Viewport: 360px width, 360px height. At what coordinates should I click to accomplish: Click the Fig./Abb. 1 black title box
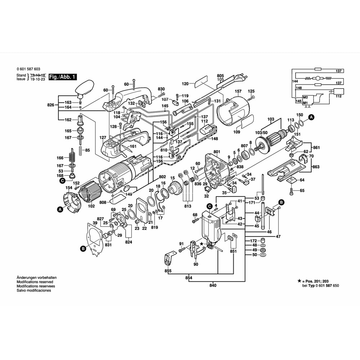[63, 77]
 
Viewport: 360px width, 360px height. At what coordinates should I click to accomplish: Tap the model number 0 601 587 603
[28, 69]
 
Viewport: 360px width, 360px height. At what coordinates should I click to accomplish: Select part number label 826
[50, 105]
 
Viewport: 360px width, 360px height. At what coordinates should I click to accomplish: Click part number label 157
[238, 91]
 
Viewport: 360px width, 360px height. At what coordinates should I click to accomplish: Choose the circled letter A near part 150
[311, 117]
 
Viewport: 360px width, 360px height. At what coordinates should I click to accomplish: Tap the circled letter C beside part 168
[62, 181]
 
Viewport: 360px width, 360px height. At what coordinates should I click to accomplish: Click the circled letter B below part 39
[83, 248]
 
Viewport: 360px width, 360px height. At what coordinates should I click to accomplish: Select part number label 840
[213, 285]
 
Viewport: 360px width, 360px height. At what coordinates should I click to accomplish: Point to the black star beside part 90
[202, 244]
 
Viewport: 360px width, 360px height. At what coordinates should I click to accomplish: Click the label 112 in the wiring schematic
[338, 96]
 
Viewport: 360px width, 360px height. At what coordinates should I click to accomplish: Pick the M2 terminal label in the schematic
[305, 97]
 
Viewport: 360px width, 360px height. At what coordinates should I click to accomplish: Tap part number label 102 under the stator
[91, 206]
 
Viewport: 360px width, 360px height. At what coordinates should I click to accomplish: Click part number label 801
[216, 152]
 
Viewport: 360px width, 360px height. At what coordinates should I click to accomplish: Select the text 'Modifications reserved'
[35, 282]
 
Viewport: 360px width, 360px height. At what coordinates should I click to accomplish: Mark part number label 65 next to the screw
[302, 190]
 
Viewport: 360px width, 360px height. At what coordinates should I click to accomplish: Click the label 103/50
[261, 133]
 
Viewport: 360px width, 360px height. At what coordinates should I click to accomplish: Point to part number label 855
[168, 271]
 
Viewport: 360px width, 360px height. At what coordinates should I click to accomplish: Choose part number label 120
[185, 84]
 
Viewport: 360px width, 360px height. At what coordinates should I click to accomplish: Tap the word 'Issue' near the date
[21, 79]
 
